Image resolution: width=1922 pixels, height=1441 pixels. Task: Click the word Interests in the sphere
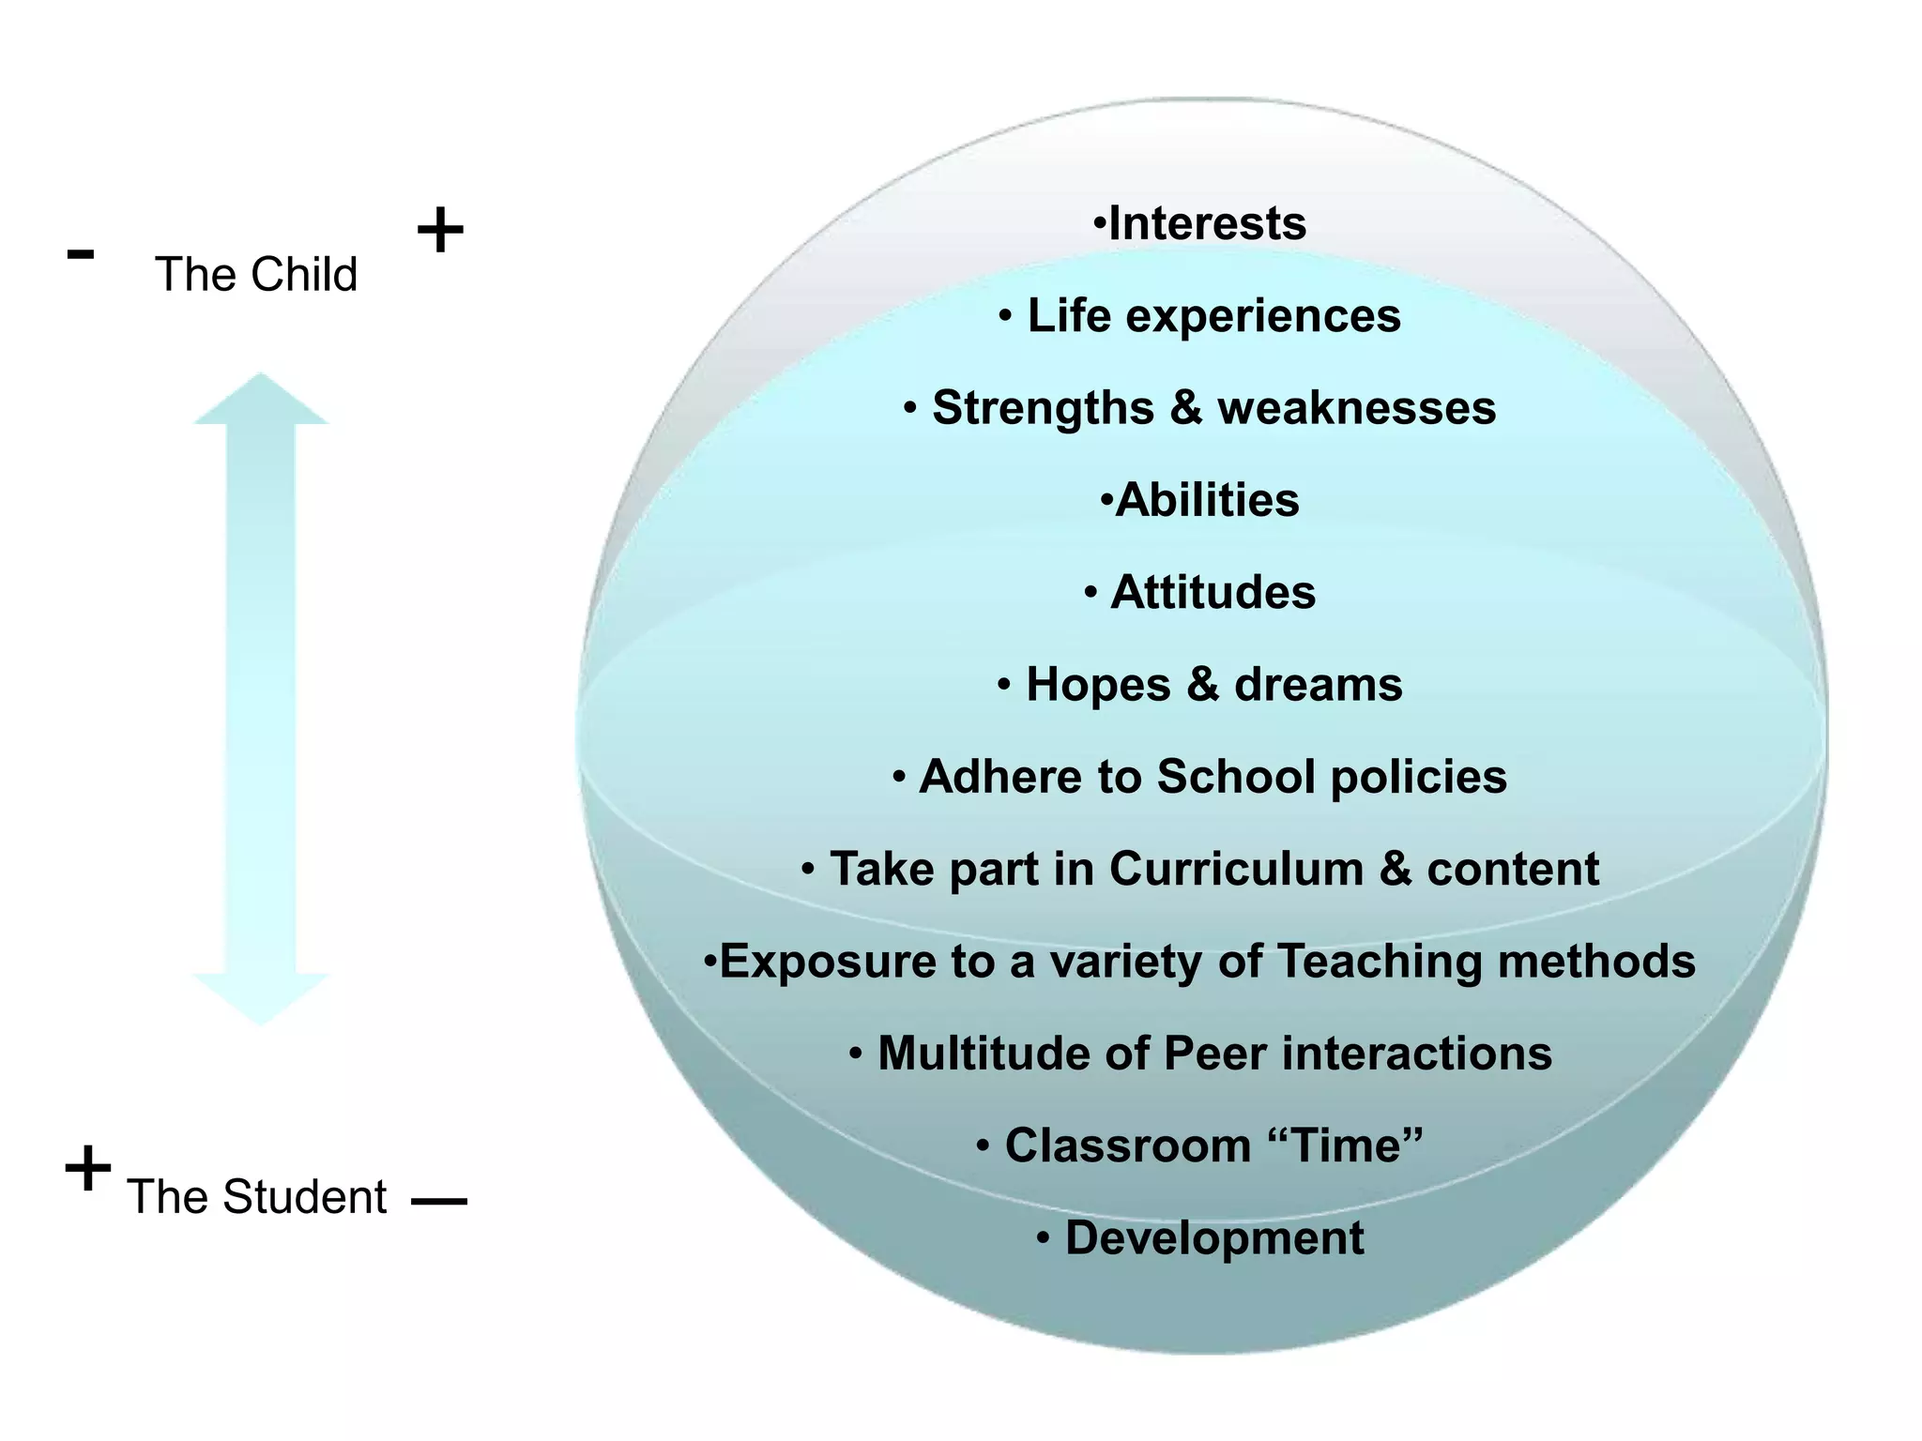[1207, 224]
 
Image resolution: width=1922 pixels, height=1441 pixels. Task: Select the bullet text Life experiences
[1213, 316]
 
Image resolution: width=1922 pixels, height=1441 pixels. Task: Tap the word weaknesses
[1356, 408]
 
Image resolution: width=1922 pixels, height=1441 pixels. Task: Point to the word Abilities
[1208, 500]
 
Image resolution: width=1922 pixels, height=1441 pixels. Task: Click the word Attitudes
[1213, 593]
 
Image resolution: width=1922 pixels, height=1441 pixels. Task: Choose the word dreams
[1318, 685]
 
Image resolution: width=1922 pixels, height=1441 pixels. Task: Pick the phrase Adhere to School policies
[1213, 777]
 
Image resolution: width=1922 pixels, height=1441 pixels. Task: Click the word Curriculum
[1236, 869]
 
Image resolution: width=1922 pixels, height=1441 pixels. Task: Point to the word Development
[1214, 1238]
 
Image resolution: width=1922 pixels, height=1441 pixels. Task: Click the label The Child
[256, 275]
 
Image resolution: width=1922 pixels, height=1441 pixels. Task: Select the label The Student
[256, 1197]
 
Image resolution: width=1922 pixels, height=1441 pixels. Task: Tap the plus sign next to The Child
[439, 231]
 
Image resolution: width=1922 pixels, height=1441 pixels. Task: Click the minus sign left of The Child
[81, 253]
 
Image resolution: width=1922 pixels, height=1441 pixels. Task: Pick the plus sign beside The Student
[87, 1168]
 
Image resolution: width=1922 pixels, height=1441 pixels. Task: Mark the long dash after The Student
[439, 1201]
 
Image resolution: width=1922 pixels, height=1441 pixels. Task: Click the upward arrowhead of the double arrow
[261, 399]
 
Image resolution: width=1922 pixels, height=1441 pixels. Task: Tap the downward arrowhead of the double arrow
[261, 998]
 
